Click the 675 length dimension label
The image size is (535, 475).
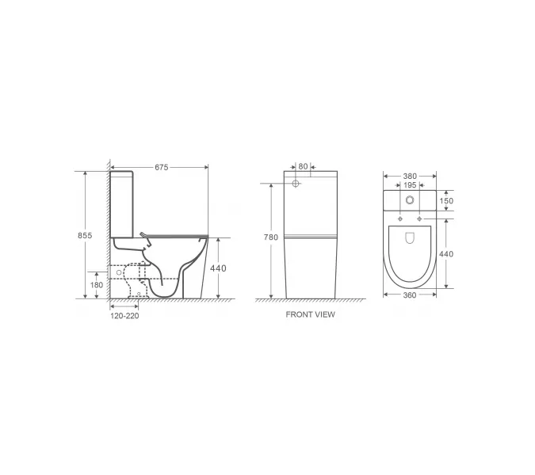tap(161, 167)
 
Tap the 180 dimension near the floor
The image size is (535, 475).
tap(97, 284)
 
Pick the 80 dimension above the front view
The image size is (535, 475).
tap(303, 166)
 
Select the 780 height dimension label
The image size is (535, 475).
tap(271, 236)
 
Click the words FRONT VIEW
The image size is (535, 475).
tap(310, 314)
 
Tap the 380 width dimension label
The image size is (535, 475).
tap(410, 176)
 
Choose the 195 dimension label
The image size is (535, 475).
tap(410, 184)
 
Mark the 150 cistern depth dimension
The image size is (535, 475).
tap(448, 201)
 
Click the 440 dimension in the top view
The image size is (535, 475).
tap(448, 254)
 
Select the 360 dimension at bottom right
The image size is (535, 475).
tap(410, 294)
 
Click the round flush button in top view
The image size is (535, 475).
tap(410, 200)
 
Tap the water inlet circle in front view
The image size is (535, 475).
tap(296, 184)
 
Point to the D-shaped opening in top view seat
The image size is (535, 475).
tap(410, 237)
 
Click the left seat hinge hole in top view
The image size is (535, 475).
tap(401, 218)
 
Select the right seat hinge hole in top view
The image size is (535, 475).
tap(419, 218)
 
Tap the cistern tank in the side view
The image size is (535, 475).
tap(123, 202)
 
